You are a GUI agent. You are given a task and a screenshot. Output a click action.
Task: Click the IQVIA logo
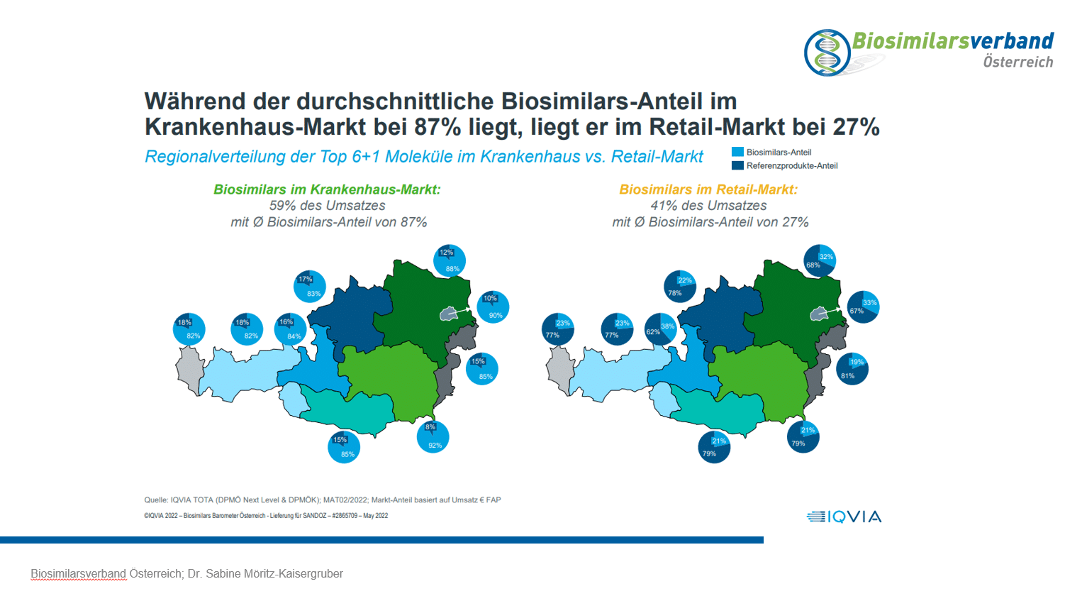(844, 517)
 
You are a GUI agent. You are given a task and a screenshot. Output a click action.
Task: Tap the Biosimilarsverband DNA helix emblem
(827, 53)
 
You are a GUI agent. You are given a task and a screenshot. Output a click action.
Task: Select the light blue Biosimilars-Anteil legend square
(737, 152)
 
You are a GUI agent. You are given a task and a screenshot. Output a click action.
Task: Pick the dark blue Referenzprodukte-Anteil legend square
(737, 165)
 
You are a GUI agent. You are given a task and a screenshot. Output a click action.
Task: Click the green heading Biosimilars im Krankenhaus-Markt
(327, 189)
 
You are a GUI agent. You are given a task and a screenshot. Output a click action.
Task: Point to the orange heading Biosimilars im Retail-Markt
(708, 189)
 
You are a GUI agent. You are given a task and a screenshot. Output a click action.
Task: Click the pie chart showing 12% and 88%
(450, 260)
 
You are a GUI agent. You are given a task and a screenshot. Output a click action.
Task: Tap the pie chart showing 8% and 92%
(433, 436)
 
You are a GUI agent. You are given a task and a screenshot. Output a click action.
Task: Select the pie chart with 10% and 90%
(493, 307)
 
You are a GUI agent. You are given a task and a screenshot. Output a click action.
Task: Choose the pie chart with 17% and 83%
(310, 287)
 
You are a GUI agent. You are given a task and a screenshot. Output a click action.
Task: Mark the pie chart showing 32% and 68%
(820, 261)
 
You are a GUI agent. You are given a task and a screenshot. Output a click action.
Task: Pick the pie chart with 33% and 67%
(863, 307)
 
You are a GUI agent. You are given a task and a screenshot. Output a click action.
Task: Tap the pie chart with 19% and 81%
(852, 369)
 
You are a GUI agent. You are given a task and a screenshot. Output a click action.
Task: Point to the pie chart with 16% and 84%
(290, 329)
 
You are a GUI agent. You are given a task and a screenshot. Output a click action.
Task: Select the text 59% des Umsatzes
(327, 206)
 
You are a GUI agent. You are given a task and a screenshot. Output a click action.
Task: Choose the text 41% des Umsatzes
(708, 206)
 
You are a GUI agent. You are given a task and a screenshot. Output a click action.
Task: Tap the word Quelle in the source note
(156, 500)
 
